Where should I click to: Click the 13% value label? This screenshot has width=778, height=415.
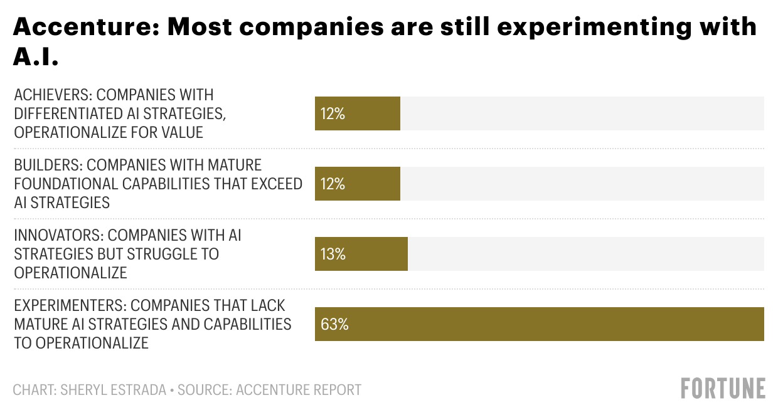pos(333,254)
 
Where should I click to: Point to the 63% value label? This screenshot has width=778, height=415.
pos(334,324)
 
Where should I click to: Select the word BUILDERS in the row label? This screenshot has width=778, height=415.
pos(47,165)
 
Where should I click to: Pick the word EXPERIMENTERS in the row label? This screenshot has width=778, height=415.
pos(70,305)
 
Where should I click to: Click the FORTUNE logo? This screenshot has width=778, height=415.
pos(723,388)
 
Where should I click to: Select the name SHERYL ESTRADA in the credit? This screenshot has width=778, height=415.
pos(113,389)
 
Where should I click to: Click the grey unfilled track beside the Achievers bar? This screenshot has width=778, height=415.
pos(582,113)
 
